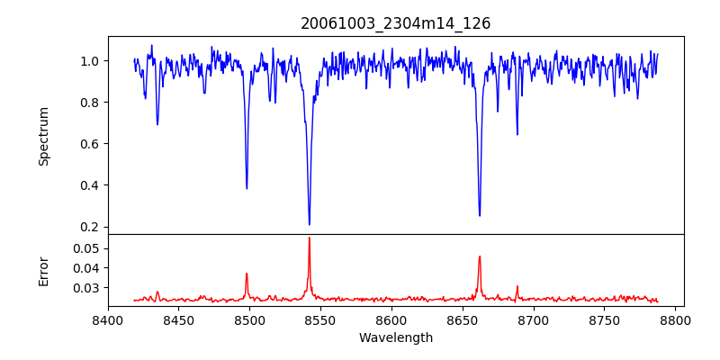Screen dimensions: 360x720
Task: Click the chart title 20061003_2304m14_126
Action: tap(395, 23)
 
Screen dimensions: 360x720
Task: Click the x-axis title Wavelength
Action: tap(395, 337)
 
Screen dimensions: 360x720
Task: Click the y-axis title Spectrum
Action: tap(43, 136)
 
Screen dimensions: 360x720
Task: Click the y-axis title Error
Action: tap(43, 270)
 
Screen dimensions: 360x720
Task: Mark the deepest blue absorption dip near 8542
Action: tap(309, 224)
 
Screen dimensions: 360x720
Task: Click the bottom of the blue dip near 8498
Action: tap(247, 188)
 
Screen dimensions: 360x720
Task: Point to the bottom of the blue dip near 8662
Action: tap(480, 215)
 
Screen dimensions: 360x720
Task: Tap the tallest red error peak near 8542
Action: tap(309, 238)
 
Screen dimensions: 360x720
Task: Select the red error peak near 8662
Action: tap(480, 256)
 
